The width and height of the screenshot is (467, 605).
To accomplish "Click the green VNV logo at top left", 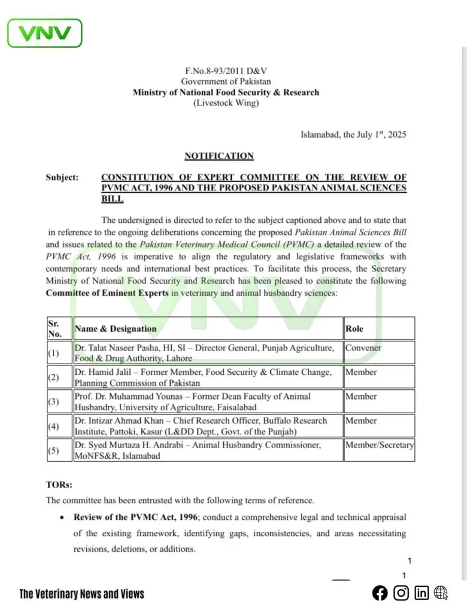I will (x=44, y=33).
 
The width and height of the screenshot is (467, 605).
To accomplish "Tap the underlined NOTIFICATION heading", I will (x=219, y=156).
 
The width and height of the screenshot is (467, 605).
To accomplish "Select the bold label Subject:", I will (x=62, y=178).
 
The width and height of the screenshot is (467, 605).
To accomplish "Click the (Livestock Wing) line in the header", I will (x=226, y=103).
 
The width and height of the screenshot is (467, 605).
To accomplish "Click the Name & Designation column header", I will (x=116, y=328).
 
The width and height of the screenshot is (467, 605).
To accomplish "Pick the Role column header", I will (x=354, y=328).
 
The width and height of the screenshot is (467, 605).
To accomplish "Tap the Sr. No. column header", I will (x=54, y=328).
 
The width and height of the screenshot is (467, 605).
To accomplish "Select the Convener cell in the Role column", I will (x=363, y=347).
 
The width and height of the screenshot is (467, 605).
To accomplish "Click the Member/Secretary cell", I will (x=379, y=445).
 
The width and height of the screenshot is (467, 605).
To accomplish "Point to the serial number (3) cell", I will (x=53, y=401).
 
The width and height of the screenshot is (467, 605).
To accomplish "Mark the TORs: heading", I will (x=59, y=485).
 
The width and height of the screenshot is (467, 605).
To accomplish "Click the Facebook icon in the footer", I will (x=380, y=593).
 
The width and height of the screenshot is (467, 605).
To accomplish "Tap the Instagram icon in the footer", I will (x=401, y=593).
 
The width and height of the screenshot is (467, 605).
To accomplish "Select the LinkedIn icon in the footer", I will (x=421, y=593).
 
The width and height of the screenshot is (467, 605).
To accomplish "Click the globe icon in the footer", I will (x=441, y=593).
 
